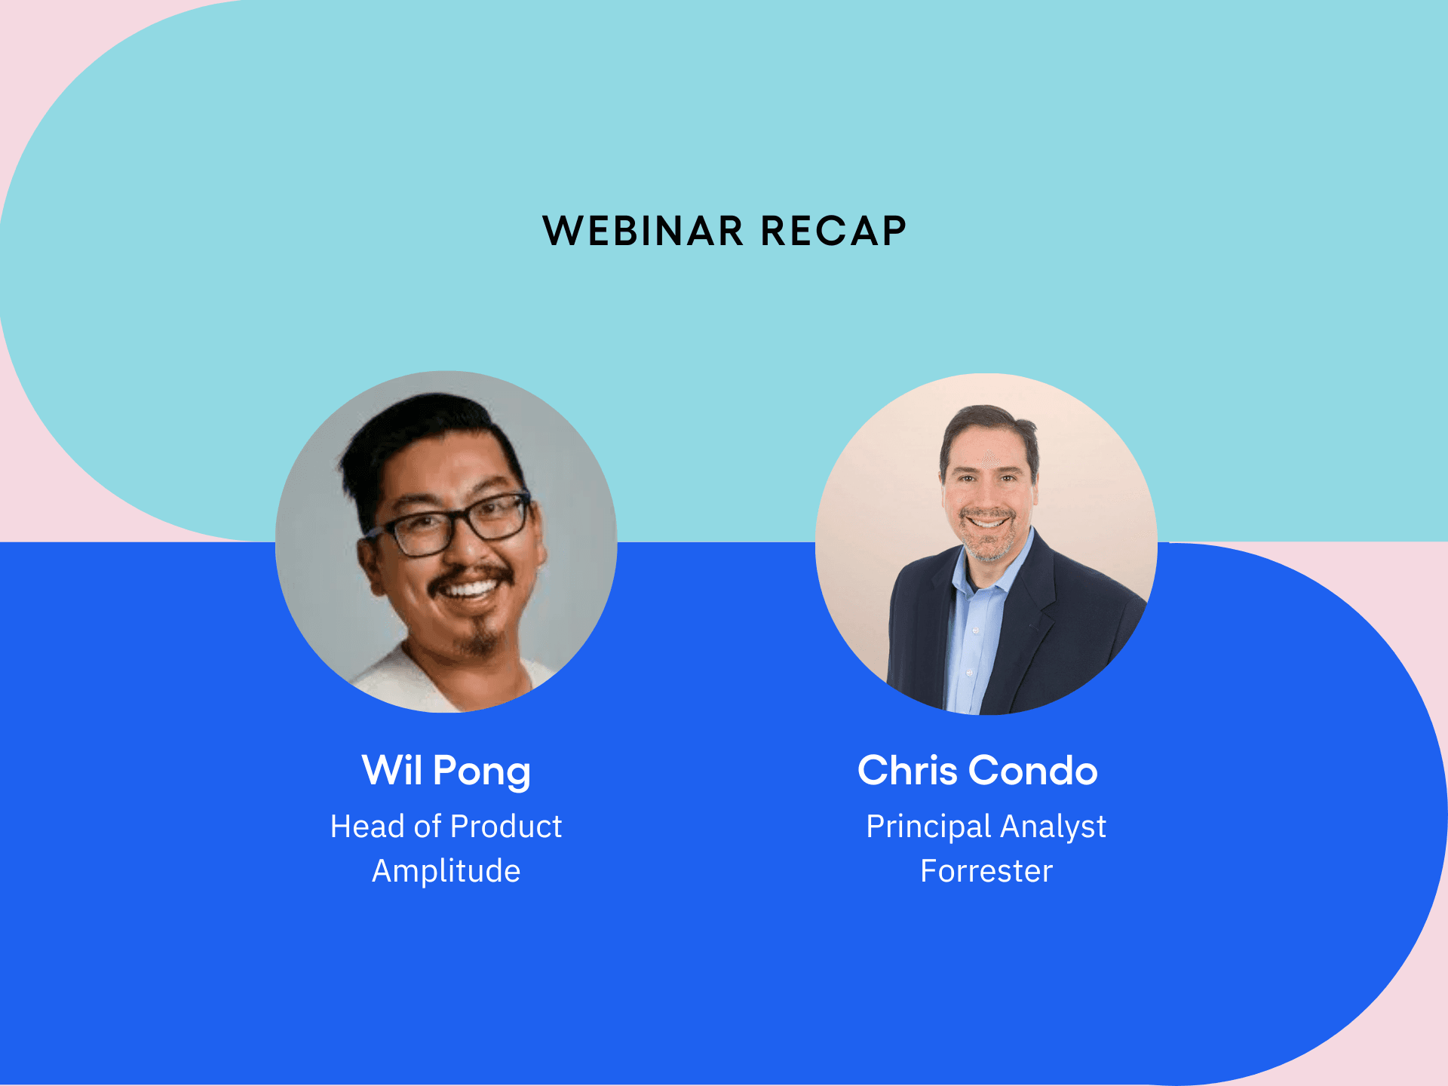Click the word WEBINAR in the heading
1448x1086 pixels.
[643, 231]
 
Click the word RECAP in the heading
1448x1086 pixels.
[833, 231]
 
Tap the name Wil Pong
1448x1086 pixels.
[446, 772]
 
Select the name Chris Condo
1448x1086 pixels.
[977, 771]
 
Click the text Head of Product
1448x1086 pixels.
[446, 827]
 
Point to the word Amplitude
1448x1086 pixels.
[446, 872]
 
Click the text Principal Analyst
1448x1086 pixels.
[986, 827]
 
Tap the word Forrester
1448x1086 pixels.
[986, 871]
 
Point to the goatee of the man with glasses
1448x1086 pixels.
[480, 638]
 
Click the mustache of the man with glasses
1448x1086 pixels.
[471, 576]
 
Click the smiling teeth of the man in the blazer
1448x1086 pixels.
[986, 521]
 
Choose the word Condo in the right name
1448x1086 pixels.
[1033, 771]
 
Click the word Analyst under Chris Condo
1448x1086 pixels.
[1054, 827]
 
